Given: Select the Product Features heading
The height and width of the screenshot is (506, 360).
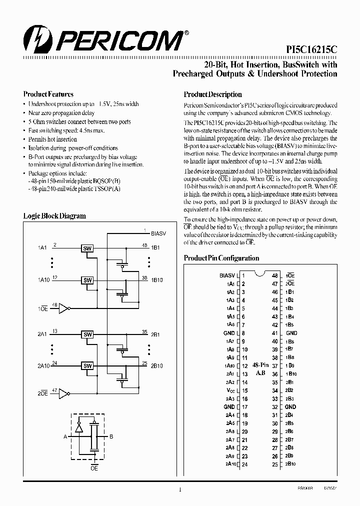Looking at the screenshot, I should pyautogui.click(x=48, y=94).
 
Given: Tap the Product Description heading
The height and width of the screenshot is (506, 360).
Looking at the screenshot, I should pyautogui.click(x=212, y=94).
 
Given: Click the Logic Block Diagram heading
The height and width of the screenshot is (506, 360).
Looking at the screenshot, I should pyautogui.click(x=54, y=216).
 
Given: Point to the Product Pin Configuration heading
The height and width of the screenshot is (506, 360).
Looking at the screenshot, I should pyautogui.click(x=221, y=258).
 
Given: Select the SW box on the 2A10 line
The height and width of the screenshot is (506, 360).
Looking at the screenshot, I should pyautogui.click(x=87, y=365).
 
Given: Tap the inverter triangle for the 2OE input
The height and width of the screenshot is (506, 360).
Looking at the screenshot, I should pyautogui.click(x=63, y=394).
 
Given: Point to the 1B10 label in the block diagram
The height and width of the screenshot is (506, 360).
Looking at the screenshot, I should pyautogui.click(x=156, y=280).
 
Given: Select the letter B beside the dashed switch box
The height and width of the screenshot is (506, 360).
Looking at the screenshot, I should pyautogui.click(x=111, y=436).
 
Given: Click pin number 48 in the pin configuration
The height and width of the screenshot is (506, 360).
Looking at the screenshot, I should pyautogui.click(x=274, y=275).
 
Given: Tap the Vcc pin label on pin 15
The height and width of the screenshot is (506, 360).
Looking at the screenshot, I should pyautogui.click(x=230, y=390).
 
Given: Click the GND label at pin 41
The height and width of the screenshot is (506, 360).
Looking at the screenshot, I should pyautogui.click(x=291, y=333).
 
